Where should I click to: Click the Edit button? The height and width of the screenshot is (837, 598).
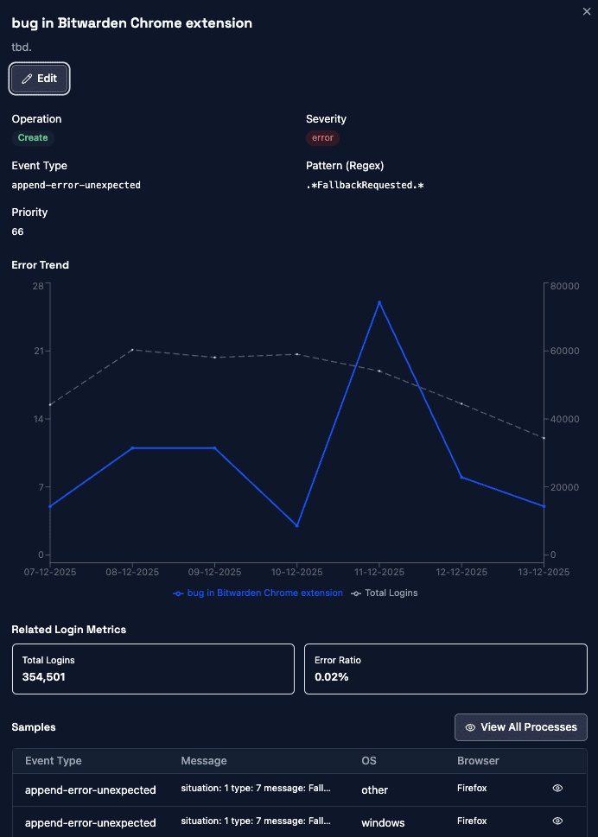pyautogui.click(x=40, y=79)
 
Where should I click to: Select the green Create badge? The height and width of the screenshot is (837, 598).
pyautogui.click(x=33, y=138)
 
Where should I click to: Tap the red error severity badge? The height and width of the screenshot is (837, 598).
pyautogui.click(x=322, y=138)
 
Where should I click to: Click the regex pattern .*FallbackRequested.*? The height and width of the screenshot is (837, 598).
pyautogui.click(x=365, y=185)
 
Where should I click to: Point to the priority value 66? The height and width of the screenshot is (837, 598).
pyautogui.click(x=18, y=231)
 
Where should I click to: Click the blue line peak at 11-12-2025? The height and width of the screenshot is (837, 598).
pyautogui.click(x=379, y=301)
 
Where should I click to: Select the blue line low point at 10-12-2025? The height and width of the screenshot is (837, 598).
pyautogui.click(x=297, y=526)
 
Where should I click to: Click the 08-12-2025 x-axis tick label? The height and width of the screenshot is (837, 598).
pyautogui.click(x=131, y=572)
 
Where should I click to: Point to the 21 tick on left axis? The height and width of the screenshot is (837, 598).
pyautogui.click(x=38, y=351)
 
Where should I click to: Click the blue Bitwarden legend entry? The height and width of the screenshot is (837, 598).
pyautogui.click(x=258, y=593)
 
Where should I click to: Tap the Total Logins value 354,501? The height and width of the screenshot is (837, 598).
pyautogui.click(x=44, y=676)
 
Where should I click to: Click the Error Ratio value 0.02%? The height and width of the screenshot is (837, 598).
pyautogui.click(x=332, y=676)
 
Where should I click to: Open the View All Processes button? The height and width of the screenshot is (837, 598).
pyautogui.click(x=521, y=727)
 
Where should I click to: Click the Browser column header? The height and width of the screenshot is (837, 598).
pyautogui.click(x=478, y=761)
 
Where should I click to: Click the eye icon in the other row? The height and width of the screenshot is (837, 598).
pyautogui.click(x=557, y=789)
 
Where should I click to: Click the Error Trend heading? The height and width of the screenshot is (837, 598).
pyautogui.click(x=41, y=265)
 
